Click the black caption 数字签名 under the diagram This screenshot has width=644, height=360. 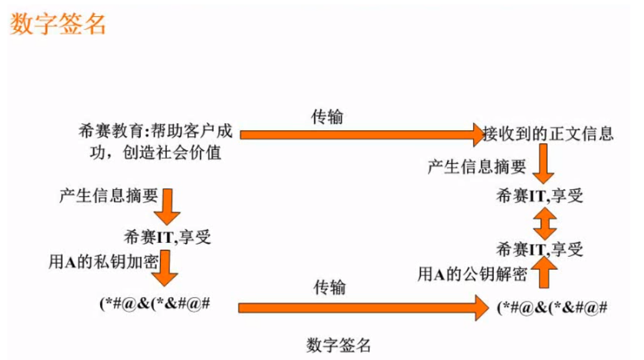coord(338,344)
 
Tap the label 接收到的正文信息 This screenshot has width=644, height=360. coord(549,133)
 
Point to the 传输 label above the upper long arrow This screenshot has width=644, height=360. coord(327,116)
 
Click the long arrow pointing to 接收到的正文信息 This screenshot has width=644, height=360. coord(361,133)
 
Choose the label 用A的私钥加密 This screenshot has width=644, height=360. coord(103,261)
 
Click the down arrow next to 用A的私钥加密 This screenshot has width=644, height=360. coord(169,268)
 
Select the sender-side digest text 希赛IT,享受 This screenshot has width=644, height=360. coord(168,237)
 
